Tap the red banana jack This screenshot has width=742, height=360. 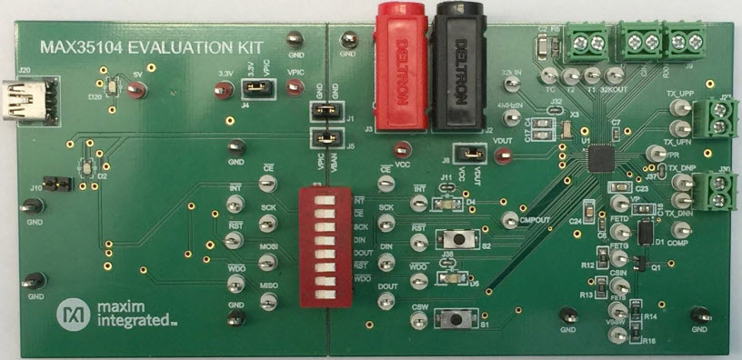click(x=398, y=68)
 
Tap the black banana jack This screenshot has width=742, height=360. click(x=459, y=68)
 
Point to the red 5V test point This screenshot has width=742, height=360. click(x=136, y=89)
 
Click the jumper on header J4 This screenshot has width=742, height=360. click(x=255, y=89)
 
